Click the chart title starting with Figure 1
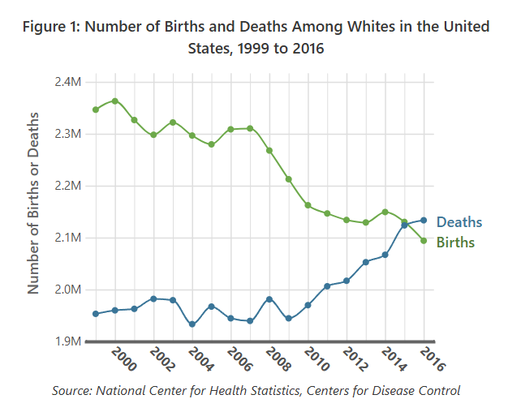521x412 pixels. pyautogui.click(x=256, y=37)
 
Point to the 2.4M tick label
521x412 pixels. pyautogui.click(x=68, y=82)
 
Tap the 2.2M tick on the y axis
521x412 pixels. pyautogui.click(x=68, y=186)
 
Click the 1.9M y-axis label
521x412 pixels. pyautogui.click(x=68, y=341)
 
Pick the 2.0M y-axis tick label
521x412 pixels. pyautogui.click(x=68, y=290)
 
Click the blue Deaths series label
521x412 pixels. pyautogui.click(x=459, y=222)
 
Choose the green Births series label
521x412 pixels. pyautogui.click(x=455, y=242)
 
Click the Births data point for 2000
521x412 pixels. pyautogui.click(x=115, y=101)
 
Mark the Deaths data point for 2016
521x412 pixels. pyautogui.click(x=424, y=220)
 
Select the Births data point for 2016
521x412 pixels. pyautogui.click(x=424, y=240)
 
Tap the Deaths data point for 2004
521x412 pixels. pyautogui.click(x=192, y=324)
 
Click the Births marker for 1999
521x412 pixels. pyautogui.click(x=96, y=109)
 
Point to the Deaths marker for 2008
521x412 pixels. pyautogui.click(x=269, y=299)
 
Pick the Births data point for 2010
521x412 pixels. pyautogui.click(x=308, y=205)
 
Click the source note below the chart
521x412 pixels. pyautogui.click(x=256, y=391)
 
